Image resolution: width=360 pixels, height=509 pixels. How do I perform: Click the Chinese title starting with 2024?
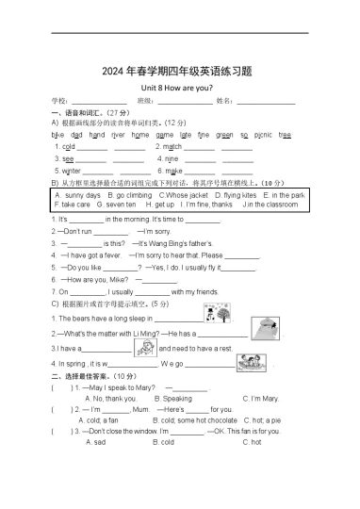179,69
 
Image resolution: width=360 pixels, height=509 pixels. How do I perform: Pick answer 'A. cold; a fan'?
102,419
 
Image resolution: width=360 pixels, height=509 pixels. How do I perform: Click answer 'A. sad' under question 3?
95,441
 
